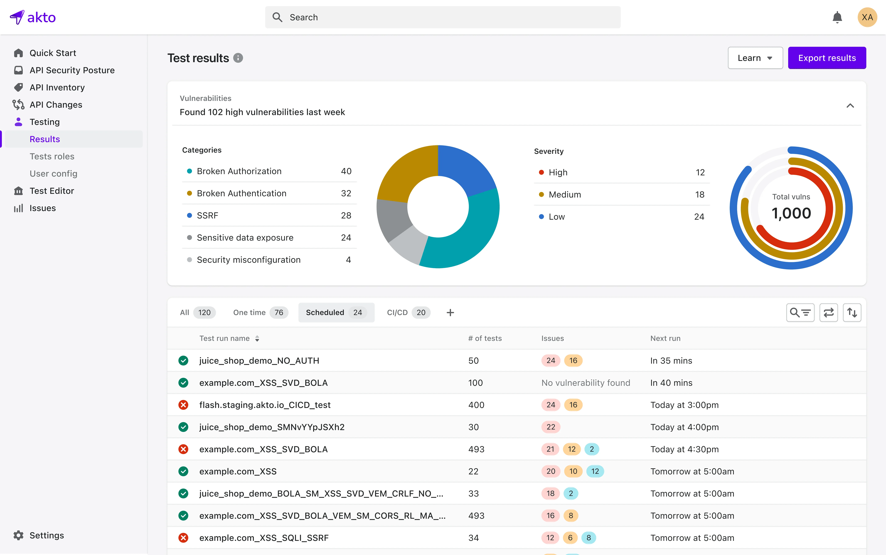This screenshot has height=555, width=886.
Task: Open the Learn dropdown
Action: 755,58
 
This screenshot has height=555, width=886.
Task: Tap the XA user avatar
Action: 867,17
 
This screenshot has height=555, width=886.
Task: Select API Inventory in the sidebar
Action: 57,87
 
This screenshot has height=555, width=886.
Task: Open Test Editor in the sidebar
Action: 52,191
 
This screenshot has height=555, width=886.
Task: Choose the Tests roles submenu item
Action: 52,156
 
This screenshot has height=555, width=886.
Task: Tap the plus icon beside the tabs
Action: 450,312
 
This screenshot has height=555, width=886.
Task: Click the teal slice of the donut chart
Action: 473,235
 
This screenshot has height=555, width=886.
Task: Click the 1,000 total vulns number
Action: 791,213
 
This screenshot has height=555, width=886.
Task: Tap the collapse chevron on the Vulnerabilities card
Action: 850,106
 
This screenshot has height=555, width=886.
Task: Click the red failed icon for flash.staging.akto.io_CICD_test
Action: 183,405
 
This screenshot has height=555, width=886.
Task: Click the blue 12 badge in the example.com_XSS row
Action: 595,471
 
